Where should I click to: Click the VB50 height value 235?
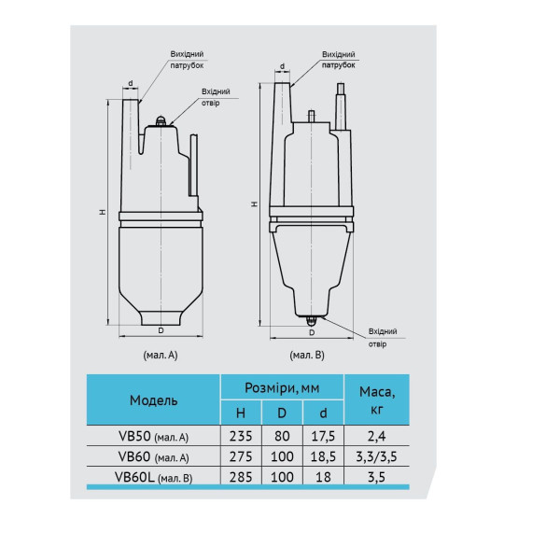pos(241,436)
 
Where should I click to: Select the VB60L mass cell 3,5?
pos(376,477)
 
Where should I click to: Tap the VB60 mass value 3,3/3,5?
pos(376,456)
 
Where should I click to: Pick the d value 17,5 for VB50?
pos(323,436)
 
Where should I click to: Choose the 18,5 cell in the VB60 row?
pos(323,456)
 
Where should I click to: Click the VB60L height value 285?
pos(241,477)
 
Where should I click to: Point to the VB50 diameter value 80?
pos(282,436)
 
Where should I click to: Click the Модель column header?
pos(153,400)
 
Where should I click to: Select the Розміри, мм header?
pos(282,388)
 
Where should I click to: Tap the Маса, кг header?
pos(377,400)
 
